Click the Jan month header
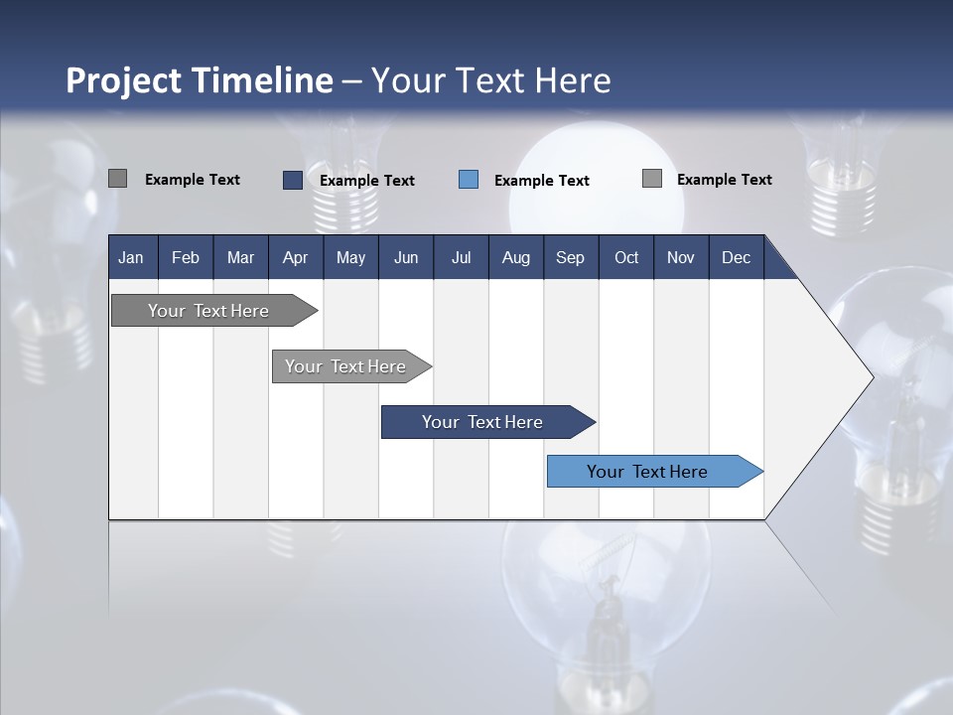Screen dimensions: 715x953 click(x=131, y=258)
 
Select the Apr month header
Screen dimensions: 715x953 click(x=295, y=258)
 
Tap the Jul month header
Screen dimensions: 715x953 click(x=461, y=258)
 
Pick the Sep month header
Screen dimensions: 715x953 click(x=570, y=258)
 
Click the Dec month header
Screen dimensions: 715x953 click(x=736, y=258)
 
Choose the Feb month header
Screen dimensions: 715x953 click(x=186, y=258)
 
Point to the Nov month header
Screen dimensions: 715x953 click(x=680, y=258)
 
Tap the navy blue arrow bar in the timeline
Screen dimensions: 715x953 click(x=483, y=422)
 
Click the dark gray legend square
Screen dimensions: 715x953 click(x=117, y=179)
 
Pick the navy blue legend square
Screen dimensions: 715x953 click(x=292, y=180)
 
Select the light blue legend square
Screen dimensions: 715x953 click(x=469, y=180)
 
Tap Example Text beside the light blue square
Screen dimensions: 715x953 click(x=541, y=181)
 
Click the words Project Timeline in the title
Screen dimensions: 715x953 click(x=200, y=80)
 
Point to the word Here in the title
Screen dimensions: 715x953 click(x=573, y=80)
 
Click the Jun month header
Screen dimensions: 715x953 click(x=405, y=258)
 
